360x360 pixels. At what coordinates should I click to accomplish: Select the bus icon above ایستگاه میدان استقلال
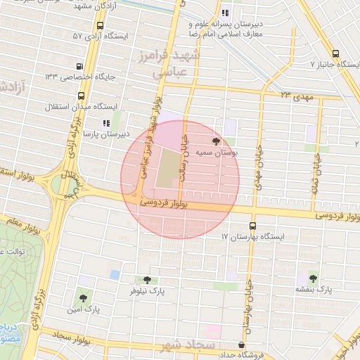[82, 96]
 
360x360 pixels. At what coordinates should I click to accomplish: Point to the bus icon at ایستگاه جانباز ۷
[335, 54]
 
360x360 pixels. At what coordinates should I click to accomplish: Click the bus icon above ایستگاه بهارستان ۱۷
[252, 226]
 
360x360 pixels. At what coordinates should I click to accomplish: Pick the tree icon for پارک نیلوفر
[146, 280]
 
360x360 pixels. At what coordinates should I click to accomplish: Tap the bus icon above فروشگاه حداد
[242, 345]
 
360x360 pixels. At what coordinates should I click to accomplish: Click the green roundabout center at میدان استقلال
[69, 185]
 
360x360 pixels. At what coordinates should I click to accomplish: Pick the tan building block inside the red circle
[167, 169]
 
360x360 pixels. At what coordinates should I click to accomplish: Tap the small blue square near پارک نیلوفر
[115, 274]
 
